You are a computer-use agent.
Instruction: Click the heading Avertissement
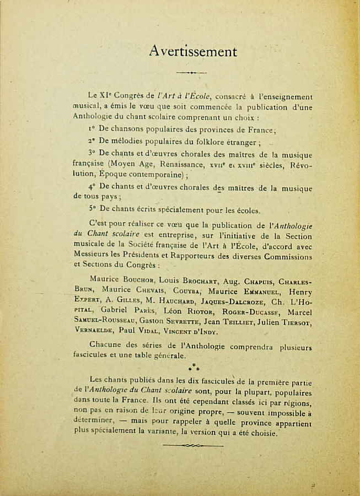click(193, 52)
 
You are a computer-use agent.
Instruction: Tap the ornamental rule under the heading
click(191, 72)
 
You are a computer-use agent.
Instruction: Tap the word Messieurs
click(92, 256)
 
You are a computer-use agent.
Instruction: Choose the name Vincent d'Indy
click(183, 332)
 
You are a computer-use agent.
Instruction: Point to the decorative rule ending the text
click(191, 445)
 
